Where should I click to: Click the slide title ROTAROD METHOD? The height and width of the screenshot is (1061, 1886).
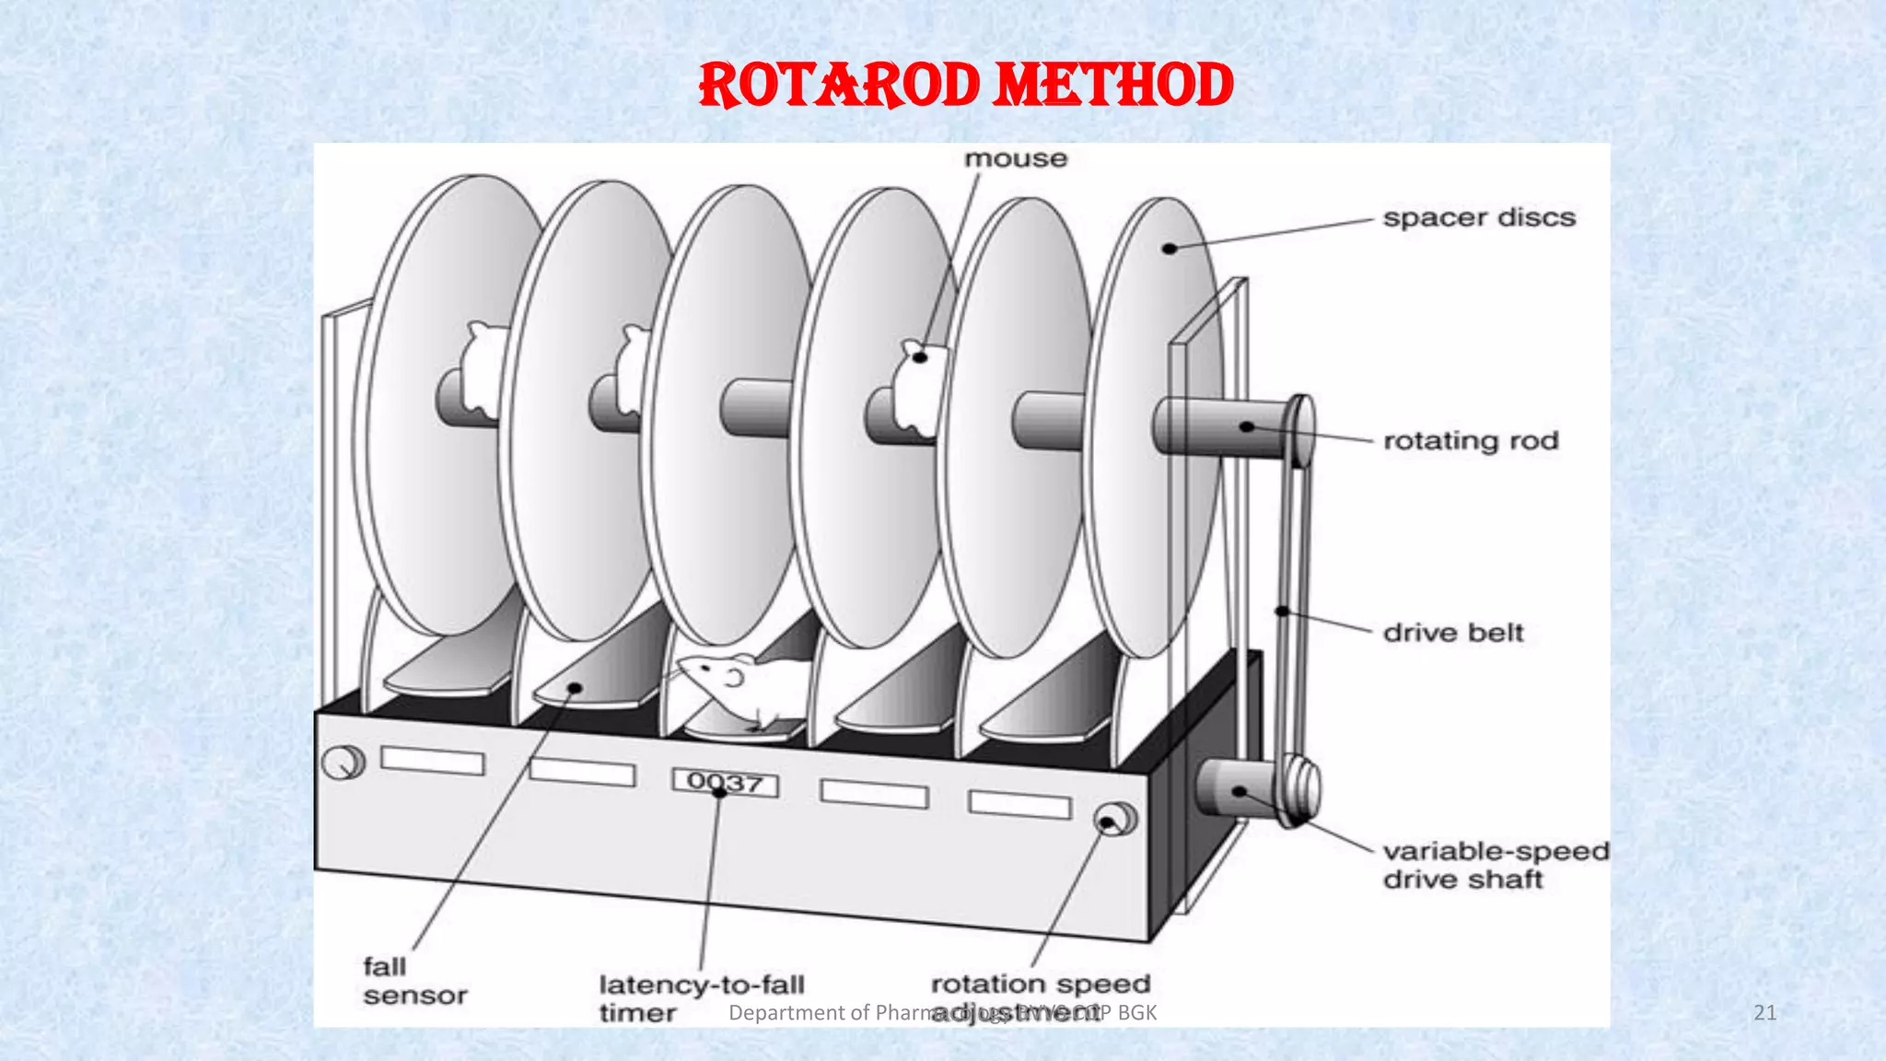point(966,86)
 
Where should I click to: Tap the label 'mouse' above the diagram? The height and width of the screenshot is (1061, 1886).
point(1016,159)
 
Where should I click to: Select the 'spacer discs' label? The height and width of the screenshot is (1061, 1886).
point(1479,218)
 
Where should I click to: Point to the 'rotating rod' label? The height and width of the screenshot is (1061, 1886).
point(1471,441)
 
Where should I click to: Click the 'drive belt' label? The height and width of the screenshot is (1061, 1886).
point(1453,633)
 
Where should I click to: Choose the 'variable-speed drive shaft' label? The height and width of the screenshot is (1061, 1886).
point(1495,865)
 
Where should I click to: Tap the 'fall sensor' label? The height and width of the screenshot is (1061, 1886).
point(414,981)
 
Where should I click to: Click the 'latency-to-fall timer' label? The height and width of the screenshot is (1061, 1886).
point(701,998)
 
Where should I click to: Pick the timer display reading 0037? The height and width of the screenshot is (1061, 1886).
point(726,784)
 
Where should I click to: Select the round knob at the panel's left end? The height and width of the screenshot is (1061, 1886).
point(343,763)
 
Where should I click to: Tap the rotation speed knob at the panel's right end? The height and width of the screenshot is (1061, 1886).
point(1115,819)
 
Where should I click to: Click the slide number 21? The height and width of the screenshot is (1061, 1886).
point(1764,1013)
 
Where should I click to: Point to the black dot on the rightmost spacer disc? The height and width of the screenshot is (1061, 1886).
point(1170,249)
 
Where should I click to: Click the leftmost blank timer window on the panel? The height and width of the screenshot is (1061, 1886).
point(432,761)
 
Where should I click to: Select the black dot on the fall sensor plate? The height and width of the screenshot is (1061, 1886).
point(575,687)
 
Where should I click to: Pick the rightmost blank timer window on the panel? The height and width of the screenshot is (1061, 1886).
point(1019,804)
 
